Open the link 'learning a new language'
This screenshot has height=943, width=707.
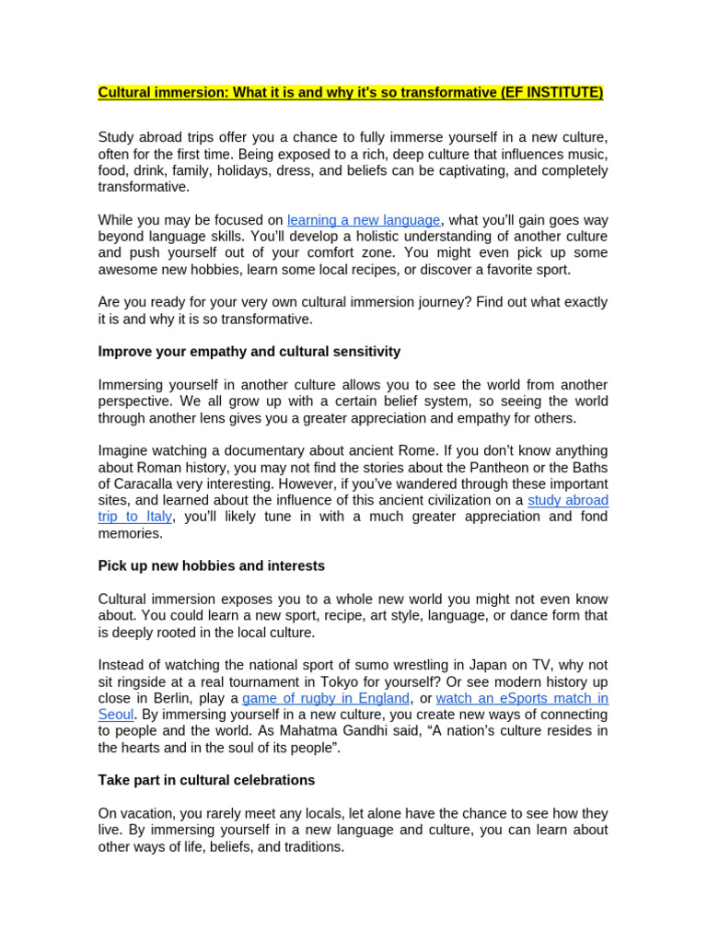pos(364,220)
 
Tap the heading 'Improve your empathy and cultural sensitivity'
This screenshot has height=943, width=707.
pos(249,352)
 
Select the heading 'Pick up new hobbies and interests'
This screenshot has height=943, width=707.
pos(211,565)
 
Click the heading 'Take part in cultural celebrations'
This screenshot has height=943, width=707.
pos(206,780)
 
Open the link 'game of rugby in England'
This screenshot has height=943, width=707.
pos(325,698)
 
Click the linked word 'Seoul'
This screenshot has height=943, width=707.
pos(116,715)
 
